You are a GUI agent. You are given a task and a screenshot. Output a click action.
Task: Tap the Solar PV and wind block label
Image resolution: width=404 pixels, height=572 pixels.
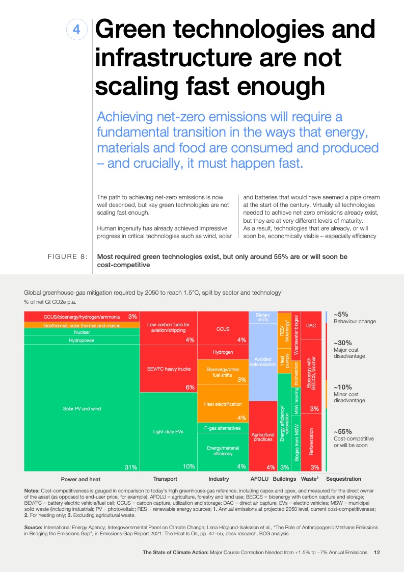(x=82, y=408)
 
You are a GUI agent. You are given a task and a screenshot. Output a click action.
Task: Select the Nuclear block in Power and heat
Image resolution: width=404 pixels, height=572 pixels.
(x=82, y=332)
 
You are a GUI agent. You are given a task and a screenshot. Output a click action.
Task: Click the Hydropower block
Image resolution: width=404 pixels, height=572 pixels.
(x=82, y=340)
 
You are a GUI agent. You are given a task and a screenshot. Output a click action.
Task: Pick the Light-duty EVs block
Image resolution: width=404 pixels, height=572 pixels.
(x=168, y=432)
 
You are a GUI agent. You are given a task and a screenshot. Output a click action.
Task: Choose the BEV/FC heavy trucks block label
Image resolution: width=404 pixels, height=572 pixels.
(x=168, y=369)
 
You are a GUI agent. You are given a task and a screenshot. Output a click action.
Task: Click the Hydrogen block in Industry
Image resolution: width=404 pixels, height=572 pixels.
(x=223, y=352)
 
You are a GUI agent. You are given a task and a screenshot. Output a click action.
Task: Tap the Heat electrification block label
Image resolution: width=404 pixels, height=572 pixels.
(x=223, y=404)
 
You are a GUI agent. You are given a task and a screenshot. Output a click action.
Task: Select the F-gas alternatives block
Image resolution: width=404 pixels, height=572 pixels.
(x=223, y=428)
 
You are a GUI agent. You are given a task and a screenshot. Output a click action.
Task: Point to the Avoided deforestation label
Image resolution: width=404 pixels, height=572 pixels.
(x=263, y=362)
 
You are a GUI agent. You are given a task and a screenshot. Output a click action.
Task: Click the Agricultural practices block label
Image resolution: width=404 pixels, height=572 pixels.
(x=263, y=437)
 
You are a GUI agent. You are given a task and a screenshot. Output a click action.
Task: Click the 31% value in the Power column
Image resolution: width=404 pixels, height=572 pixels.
(x=131, y=466)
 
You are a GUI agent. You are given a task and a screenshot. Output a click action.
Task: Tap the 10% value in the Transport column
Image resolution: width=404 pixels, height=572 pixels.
(x=188, y=466)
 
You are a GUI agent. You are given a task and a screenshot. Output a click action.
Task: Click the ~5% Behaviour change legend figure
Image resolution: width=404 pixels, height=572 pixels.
(x=341, y=315)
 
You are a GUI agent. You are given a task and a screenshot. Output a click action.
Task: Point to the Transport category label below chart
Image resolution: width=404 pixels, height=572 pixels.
(x=165, y=479)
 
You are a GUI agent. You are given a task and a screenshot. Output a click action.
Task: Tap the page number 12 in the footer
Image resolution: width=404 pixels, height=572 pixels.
(x=376, y=552)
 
